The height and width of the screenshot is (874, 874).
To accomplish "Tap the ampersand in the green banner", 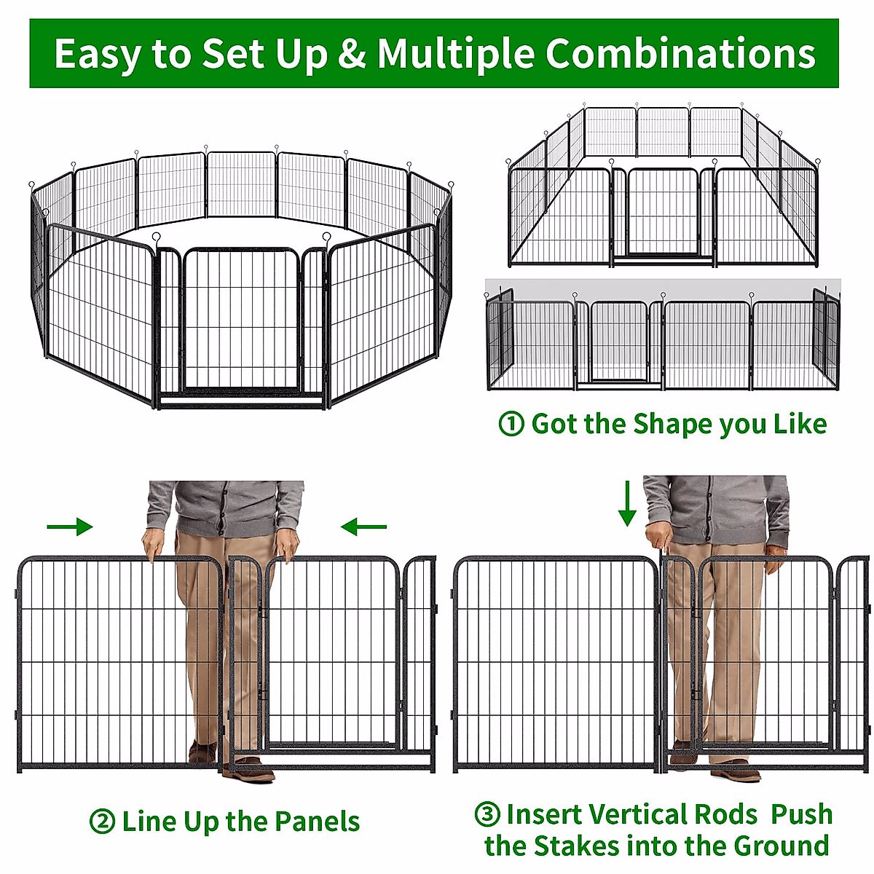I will (352, 55).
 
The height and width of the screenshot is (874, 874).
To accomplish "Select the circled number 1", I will (511, 424).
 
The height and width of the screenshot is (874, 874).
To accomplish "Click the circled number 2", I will (102, 822).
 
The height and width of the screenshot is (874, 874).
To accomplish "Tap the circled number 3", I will (487, 814).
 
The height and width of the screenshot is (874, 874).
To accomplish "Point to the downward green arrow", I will (627, 503).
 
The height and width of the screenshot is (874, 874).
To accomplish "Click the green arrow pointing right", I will (70, 527).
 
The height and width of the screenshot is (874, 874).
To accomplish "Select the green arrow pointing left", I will (363, 527).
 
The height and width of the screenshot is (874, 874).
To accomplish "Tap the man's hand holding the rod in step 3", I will (659, 539).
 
